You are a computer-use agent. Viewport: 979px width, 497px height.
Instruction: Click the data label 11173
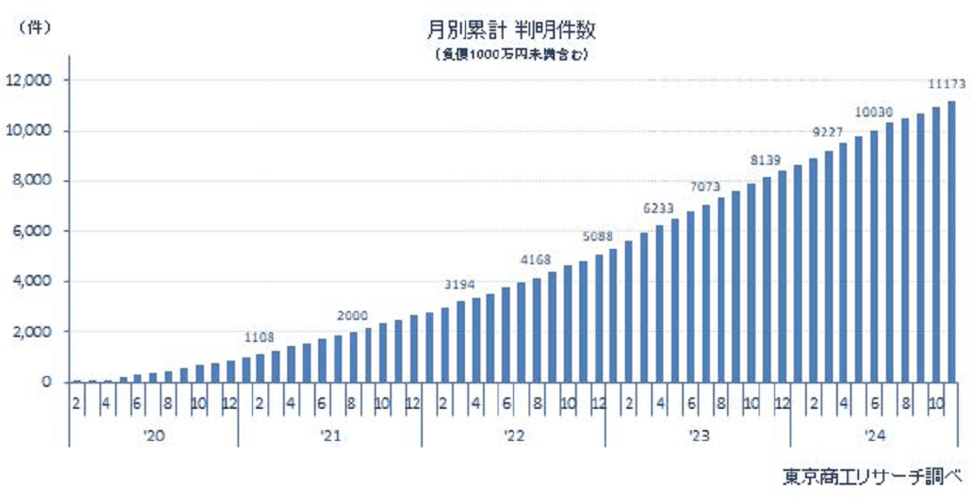pos(947,83)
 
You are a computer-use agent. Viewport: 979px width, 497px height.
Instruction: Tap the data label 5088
pos(598,237)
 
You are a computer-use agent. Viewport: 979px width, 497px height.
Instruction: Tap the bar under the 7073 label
pos(706,293)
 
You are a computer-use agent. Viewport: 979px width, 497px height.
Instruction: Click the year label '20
pos(153,437)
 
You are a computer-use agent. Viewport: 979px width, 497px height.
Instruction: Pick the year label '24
pos(874,437)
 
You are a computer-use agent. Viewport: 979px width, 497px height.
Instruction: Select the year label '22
pos(513,437)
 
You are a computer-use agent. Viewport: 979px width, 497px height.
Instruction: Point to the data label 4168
pos(537,260)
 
